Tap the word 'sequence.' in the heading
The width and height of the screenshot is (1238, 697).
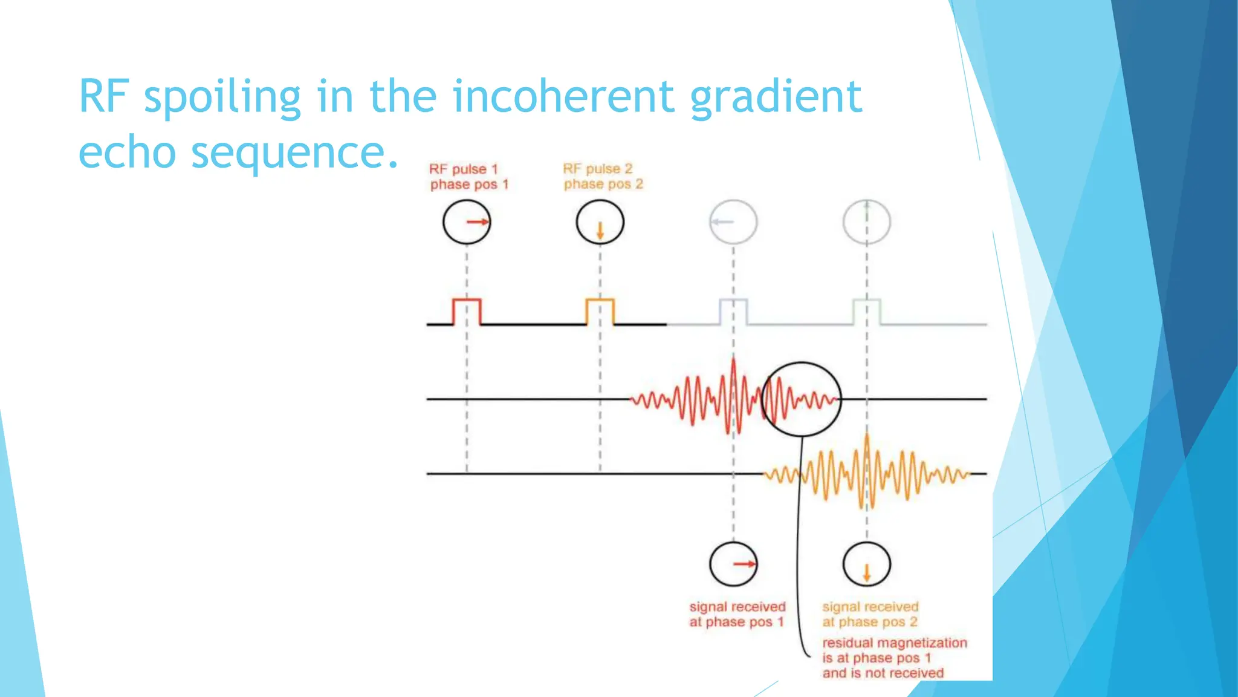point(294,152)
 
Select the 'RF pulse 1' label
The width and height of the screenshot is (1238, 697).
point(464,169)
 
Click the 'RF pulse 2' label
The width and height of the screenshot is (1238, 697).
point(597,169)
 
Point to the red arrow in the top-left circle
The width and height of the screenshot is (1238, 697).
point(477,222)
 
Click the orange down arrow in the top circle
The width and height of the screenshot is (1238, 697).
point(600,231)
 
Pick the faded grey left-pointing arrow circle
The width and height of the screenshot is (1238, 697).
point(733,222)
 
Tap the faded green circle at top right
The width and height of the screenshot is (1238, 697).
point(866,222)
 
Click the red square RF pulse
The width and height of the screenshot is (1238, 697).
point(467,312)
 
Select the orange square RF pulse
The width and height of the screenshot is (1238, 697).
point(600,312)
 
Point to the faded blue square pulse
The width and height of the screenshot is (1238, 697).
point(733,312)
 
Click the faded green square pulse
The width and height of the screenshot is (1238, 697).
point(866,312)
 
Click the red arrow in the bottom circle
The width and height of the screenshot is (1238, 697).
point(744,564)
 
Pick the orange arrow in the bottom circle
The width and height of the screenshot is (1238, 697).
point(866,572)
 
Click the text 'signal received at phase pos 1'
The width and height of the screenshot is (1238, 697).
point(737,614)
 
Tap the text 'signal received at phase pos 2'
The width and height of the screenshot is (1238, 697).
point(870,614)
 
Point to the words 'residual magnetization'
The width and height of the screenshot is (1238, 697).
point(894,643)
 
